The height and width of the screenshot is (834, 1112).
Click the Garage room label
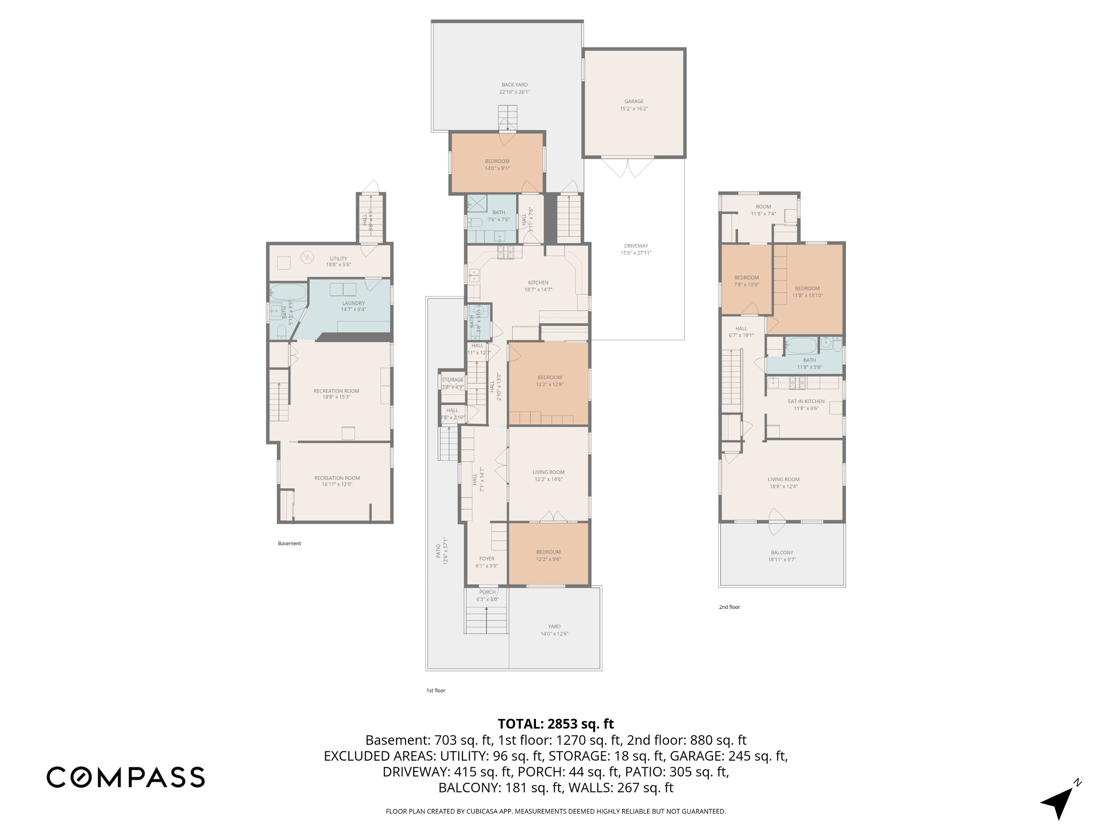coord(634,102)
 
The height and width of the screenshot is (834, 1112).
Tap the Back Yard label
coord(514,85)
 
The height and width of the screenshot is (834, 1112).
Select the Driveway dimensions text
coord(636,253)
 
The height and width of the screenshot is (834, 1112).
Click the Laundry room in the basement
coord(353,306)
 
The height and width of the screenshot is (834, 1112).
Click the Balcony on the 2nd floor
coord(782,556)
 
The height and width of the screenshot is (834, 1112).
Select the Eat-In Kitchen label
coord(806,401)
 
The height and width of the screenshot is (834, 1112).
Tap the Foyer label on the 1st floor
coord(486,559)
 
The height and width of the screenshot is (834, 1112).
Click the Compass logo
coord(125,777)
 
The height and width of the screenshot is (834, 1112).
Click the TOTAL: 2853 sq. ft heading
coord(556,724)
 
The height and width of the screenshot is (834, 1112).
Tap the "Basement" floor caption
coord(289,543)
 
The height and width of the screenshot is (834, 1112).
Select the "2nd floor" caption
coord(729,607)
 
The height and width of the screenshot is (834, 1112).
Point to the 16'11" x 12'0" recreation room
coord(337,481)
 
